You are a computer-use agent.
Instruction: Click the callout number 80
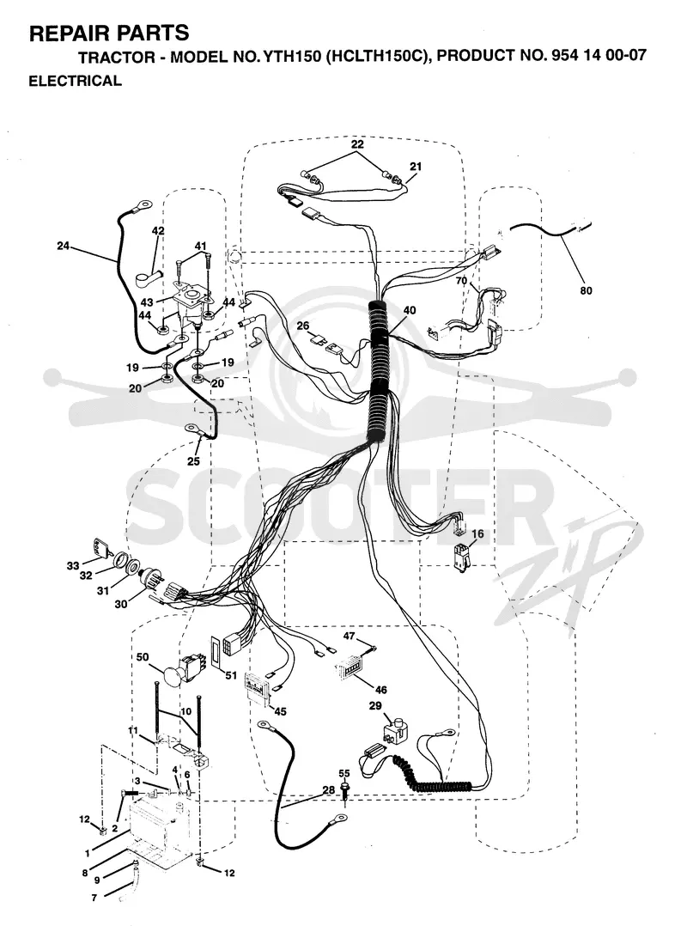tap(586, 290)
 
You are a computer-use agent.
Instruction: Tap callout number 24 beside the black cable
tap(64, 246)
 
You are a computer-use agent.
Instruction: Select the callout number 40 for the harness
tap(410, 311)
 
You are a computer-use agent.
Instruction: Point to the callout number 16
tap(477, 534)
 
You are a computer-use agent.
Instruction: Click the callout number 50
tap(143, 656)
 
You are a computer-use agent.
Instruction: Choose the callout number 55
tap(344, 773)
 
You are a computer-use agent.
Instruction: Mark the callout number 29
tap(375, 706)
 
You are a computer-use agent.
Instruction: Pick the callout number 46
tap(380, 689)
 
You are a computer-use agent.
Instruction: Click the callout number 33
tap(73, 566)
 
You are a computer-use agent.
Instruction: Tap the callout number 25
tap(193, 461)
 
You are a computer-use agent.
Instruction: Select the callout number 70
tap(461, 281)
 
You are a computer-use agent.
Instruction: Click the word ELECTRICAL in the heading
tap(75, 81)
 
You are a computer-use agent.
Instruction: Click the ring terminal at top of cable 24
tap(141, 205)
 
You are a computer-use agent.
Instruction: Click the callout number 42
tap(158, 231)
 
